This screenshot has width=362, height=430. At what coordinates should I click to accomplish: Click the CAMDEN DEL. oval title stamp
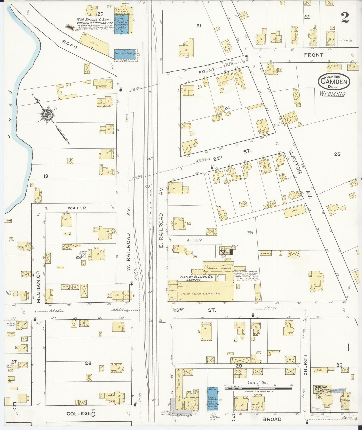tap(334, 81)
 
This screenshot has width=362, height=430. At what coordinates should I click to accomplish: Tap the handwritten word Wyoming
tap(332, 94)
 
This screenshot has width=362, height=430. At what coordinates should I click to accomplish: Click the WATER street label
tap(77, 208)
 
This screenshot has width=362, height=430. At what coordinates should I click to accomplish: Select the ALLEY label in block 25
tap(194, 240)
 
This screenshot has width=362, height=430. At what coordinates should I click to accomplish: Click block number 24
tap(227, 108)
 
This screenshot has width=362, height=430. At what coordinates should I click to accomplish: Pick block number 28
tap(88, 363)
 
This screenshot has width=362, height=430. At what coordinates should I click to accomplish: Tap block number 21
tap(199, 25)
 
